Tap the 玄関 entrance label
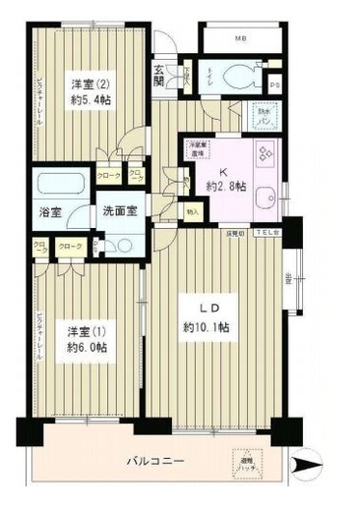(x=160, y=76)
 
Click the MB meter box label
(x=240, y=38)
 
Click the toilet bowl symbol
(x=237, y=78)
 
